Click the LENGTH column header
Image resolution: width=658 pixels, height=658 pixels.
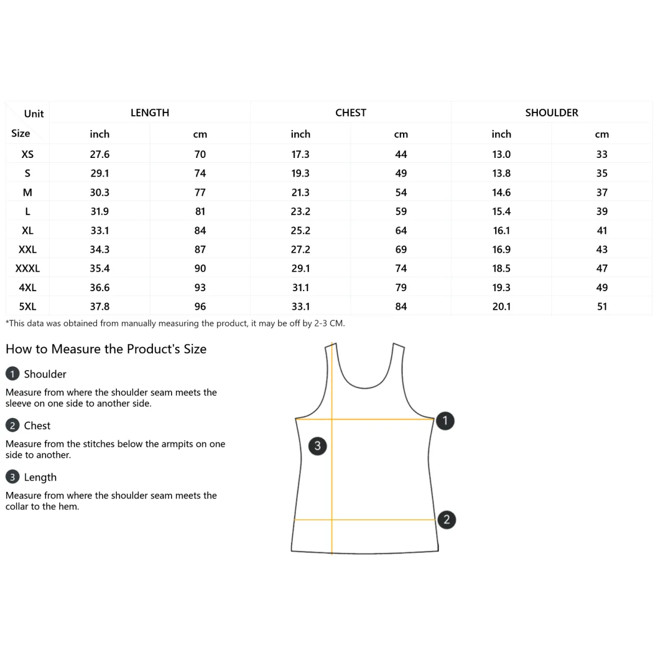coord(150,113)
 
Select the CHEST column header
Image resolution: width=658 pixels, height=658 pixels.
coord(350,113)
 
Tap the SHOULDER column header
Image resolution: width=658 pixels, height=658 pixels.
coord(552,113)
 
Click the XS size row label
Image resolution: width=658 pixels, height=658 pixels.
coord(27,155)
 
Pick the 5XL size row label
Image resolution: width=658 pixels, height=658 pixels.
coord(27,307)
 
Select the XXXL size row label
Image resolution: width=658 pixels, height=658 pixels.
coord(27,269)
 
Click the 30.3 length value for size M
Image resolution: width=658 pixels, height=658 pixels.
coord(100,192)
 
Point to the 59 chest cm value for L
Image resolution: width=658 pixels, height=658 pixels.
coord(401,212)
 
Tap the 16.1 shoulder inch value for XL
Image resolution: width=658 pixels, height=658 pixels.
coord(501,231)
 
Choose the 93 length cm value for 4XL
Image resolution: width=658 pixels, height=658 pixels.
coord(200,288)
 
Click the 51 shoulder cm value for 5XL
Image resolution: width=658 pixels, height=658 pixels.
coord(602,307)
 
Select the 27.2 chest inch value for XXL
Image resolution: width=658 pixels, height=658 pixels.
coord(300,249)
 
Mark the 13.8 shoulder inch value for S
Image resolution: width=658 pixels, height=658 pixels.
coord(501,173)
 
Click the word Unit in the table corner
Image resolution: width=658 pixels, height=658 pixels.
coord(34,114)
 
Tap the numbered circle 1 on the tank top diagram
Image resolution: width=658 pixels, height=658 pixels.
coord(445,421)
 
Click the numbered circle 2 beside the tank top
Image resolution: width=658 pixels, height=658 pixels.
coord(446,520)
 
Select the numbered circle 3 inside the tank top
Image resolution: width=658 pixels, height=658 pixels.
coord(317,446)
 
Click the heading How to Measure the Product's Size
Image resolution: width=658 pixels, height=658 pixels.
coord(106,349)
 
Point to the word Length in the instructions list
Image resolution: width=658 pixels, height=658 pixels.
coord(40,478)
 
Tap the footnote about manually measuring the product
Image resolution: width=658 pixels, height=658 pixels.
coord(175,324)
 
